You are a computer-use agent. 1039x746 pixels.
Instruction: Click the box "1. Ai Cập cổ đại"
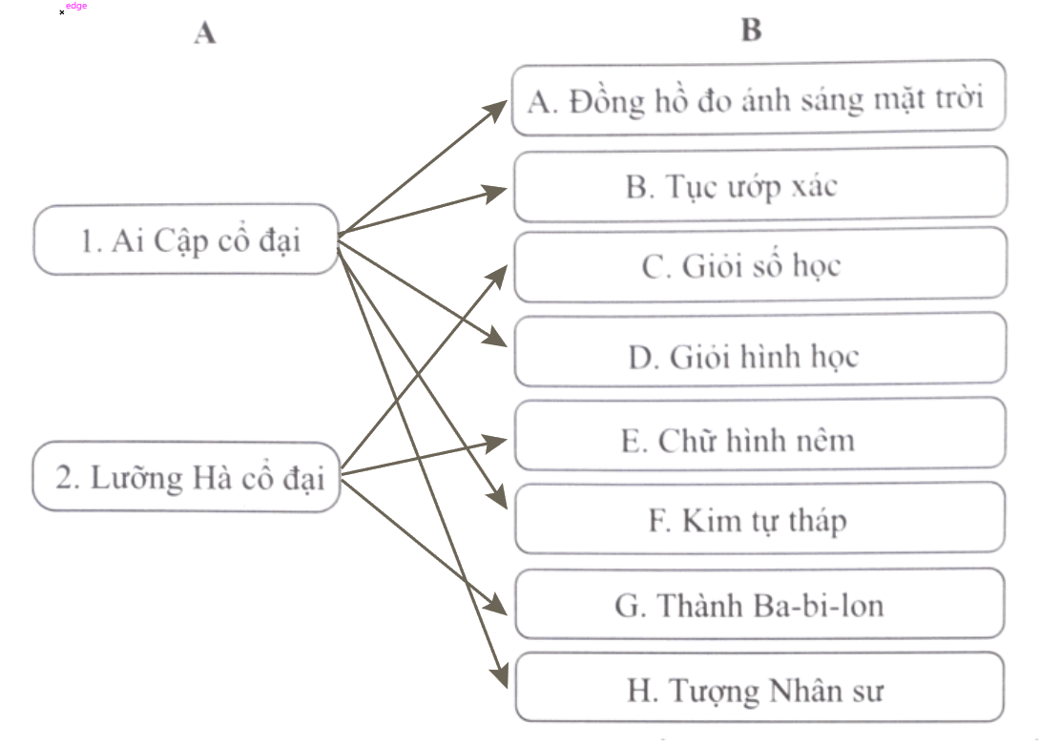click(186, 239)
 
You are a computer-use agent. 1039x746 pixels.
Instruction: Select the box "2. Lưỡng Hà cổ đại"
click(186, 476)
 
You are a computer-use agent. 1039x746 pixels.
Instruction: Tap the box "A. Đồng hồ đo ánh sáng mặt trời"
click(758, 98)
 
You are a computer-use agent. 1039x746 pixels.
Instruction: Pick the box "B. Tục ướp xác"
click(759, 184)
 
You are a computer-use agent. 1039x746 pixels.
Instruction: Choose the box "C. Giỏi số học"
click(759, 265)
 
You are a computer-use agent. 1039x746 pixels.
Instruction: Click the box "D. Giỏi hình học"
click(759, 355)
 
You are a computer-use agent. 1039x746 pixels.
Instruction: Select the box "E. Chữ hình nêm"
click(759, 439)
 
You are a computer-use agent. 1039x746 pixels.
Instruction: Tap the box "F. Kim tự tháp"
click(759, 520)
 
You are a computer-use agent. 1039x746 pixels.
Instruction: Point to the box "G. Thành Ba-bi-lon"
click(759, 605)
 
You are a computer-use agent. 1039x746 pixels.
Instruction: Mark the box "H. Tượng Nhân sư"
click(759, 689)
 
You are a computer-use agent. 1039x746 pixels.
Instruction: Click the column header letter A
click(204, 33)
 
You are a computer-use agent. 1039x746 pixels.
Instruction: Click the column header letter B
click(751, 31)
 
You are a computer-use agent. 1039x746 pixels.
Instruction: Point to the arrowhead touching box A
click(498, 107)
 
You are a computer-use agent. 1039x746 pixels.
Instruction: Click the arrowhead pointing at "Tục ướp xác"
click(499, 191)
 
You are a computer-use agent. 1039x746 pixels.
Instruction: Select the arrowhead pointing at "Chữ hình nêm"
click(499, 441)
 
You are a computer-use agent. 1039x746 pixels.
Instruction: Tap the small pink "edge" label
click(76, 6)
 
